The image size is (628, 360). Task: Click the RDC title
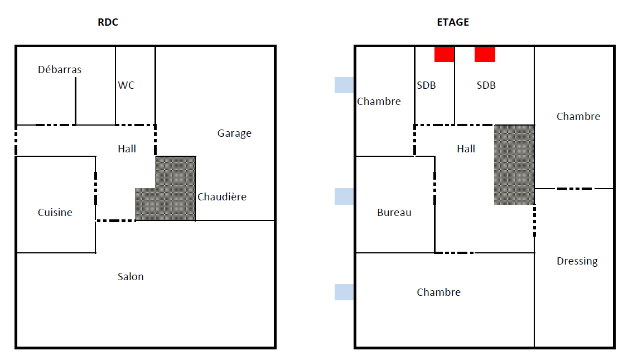click(108, 23)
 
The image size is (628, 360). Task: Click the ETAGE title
click(453, 23)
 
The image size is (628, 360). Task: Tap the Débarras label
click(60, 70)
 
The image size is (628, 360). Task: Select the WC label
click(126, 85)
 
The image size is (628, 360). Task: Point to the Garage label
click(234, 133)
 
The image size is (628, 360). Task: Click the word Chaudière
click(222, 197)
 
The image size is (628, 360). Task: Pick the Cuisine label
click(55, 213)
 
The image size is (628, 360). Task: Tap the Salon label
click(131, 277)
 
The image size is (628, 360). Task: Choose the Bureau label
click(394, 213)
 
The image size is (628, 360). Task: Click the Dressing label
click(577, 261)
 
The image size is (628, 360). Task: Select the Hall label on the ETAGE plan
click(466, 149)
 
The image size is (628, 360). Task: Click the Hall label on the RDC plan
click(127, 149)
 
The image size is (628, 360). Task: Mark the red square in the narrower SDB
click(444, 54)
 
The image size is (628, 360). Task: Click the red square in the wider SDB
click(485, 54)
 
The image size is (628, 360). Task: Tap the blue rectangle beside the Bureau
click(344, 196)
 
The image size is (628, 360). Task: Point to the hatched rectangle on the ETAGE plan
click(514, 165)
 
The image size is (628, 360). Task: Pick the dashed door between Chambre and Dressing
click(574, 189)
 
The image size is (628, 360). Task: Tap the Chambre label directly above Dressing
click(578, 117)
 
